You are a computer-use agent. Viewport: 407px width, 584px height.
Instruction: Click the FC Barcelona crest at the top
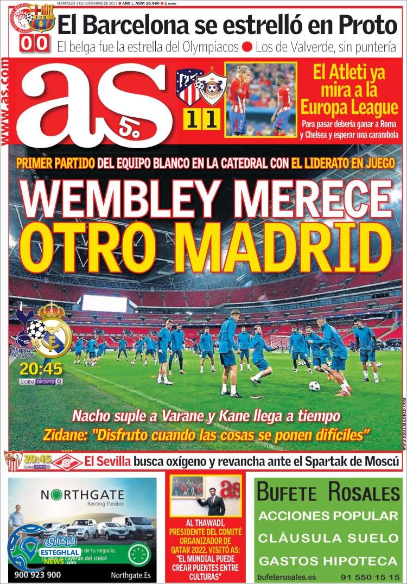pos(42,17)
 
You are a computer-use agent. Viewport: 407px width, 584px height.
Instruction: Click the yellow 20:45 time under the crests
pos(41,369)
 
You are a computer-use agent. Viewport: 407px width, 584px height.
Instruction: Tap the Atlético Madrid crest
pos(189,87)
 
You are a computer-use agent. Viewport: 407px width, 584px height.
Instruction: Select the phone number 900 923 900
pos(38,574)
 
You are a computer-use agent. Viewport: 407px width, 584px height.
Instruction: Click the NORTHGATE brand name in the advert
pos(82,495)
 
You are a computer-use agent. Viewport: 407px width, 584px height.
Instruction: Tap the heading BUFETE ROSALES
pos(328,493)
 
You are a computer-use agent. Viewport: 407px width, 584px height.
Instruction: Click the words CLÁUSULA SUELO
pos(328,538)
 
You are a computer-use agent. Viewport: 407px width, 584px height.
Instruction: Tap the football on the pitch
pos(314,386)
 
